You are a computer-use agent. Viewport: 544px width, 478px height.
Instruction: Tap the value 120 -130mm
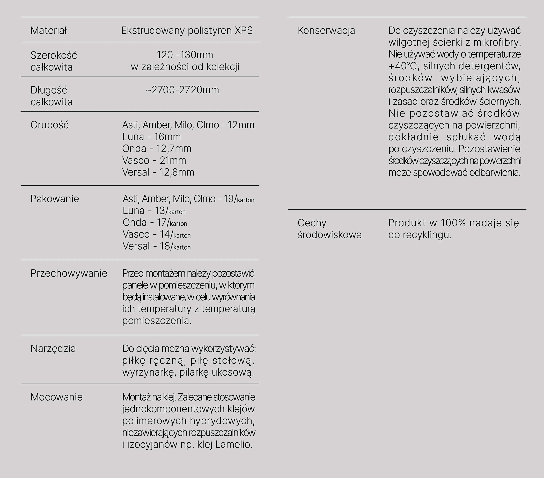(185, 55)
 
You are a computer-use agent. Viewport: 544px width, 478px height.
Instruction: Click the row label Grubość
(49, 125)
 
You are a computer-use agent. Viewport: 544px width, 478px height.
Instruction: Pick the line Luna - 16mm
(151, 137)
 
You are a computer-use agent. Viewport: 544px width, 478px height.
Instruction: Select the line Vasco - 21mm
(154, 160)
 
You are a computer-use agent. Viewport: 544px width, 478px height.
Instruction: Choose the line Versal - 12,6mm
(158, 172)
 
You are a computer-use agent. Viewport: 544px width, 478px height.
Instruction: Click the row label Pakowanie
(55, 199)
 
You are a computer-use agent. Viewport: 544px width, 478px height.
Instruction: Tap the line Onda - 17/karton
(155, 222)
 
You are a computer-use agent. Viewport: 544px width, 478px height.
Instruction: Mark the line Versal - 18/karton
(157, 246)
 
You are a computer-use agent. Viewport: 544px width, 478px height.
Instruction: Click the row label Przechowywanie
(69, 273)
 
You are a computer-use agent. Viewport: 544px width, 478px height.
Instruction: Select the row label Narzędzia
(53, 348)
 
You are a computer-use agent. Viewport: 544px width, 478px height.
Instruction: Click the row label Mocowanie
(56, 397)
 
